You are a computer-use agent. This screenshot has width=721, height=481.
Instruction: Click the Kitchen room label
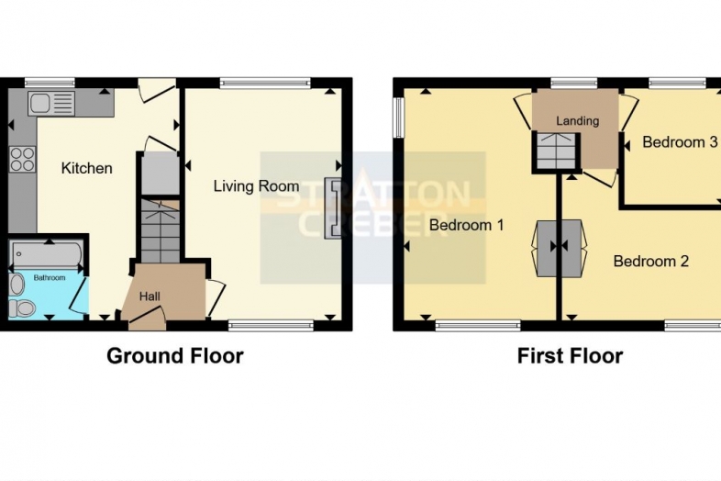[87, 168]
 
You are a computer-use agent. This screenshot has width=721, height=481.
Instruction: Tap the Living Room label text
[256, 186]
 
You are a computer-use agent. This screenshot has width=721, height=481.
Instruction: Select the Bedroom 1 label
[467, 225]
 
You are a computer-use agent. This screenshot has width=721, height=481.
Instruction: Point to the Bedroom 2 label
[650, 262]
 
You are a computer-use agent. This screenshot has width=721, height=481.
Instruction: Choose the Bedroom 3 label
[679, 142]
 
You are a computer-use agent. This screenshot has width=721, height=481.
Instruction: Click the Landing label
[578, 120]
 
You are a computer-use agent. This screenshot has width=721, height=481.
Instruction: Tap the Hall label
[150, 296]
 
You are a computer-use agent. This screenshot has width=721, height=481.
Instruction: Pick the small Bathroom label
[50, 276]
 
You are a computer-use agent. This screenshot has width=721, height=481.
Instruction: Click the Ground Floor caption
[175, 355]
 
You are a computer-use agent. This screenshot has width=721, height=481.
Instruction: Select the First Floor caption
[570, 355]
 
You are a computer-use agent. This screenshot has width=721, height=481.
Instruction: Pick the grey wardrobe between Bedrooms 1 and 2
[559, 247]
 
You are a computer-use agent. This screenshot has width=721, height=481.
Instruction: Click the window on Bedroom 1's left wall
[399, 117]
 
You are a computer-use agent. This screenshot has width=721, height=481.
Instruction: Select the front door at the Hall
[146, 319]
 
